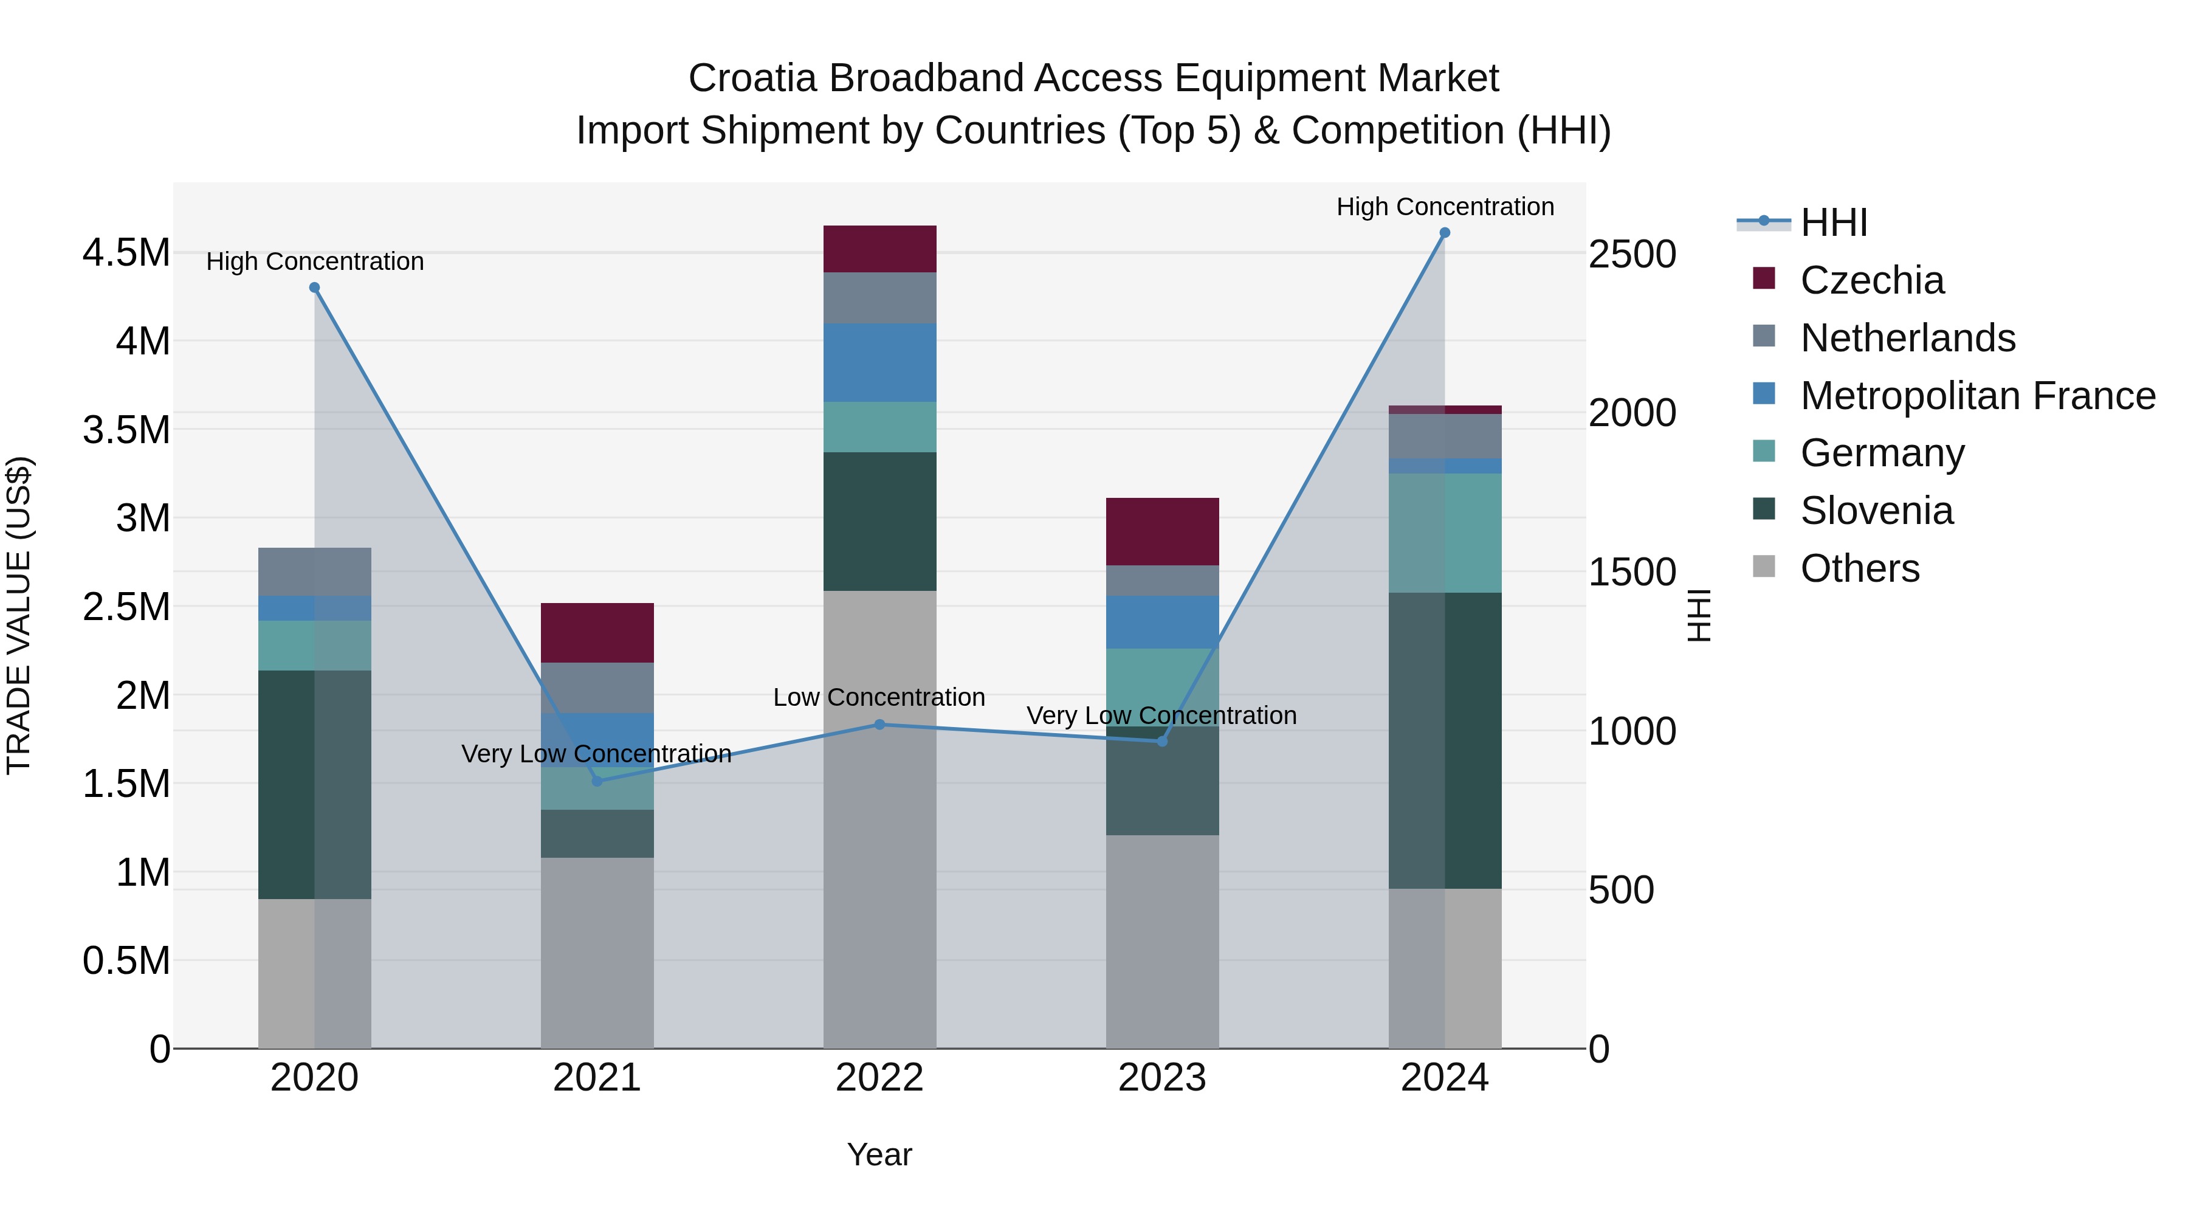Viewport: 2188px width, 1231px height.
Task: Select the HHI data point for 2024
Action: pos(1445,233)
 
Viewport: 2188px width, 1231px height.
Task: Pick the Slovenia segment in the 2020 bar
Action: pos(314,784)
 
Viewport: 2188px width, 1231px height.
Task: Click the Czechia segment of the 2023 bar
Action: pos(1162,532)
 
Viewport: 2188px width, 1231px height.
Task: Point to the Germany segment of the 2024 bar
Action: pos(1445,533)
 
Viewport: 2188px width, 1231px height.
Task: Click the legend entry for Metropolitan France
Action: pos(1977,396)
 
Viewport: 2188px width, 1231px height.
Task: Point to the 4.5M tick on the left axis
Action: pos(126,253)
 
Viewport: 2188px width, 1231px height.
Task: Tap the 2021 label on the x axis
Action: pos(596,1078)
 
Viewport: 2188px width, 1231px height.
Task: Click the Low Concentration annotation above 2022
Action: pos(879,697)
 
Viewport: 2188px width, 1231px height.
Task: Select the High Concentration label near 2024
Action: pos(1445,207)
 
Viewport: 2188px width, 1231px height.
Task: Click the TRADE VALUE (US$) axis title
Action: pos(19,615)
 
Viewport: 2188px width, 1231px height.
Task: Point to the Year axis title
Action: pos(879,1154)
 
